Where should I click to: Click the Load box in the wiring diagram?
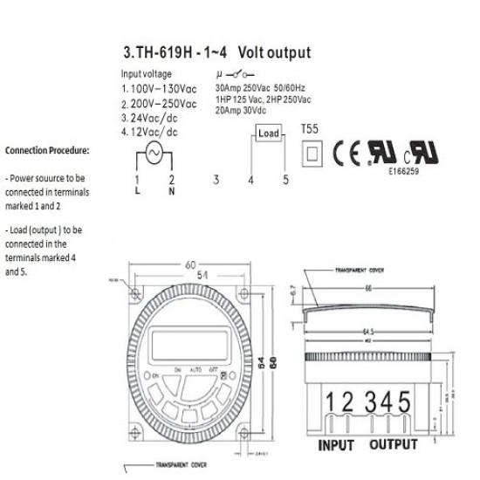(x=268, y=134)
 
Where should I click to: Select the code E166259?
(x=406, y=172)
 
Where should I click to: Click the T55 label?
(x=310, y=127)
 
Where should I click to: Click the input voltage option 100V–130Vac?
(x=159, y=89)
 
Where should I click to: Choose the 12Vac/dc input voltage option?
(x=154, y=131)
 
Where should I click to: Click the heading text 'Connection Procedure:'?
(x=47, y=150)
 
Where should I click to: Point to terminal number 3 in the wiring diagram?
(x=216, y=180)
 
